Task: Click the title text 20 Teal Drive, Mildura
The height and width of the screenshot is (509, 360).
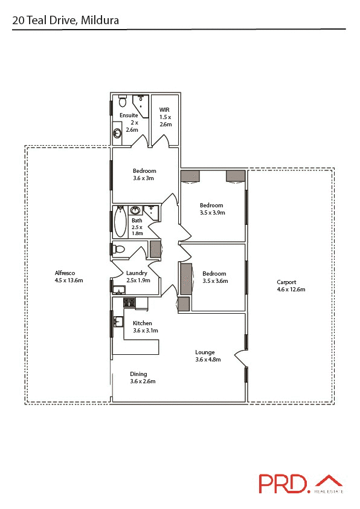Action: tap(66, 21)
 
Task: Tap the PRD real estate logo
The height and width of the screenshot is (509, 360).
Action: tap(301, 483)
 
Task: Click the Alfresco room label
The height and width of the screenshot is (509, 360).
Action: tap(68, 276)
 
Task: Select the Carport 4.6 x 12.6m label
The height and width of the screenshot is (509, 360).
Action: tap(291, 285)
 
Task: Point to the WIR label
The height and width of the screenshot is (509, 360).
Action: tap(165, 117)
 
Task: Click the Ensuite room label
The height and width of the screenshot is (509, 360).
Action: tap(130, 122)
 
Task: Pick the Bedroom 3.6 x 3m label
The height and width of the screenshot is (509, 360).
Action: tap(144, 174)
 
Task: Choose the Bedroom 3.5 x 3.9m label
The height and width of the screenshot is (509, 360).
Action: tap(212, 209)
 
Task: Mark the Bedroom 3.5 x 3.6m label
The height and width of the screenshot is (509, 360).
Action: tap(214, 276)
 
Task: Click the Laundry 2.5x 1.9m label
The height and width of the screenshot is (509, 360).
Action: tap(138, 276)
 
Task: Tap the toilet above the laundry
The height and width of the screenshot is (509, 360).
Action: tap(118, 249)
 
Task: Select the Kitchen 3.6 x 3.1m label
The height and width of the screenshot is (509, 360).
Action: tap(145, 326)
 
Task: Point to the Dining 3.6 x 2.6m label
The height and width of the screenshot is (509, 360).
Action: tap(143, 377)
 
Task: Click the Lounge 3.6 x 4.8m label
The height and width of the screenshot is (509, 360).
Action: tap(208, 355)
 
